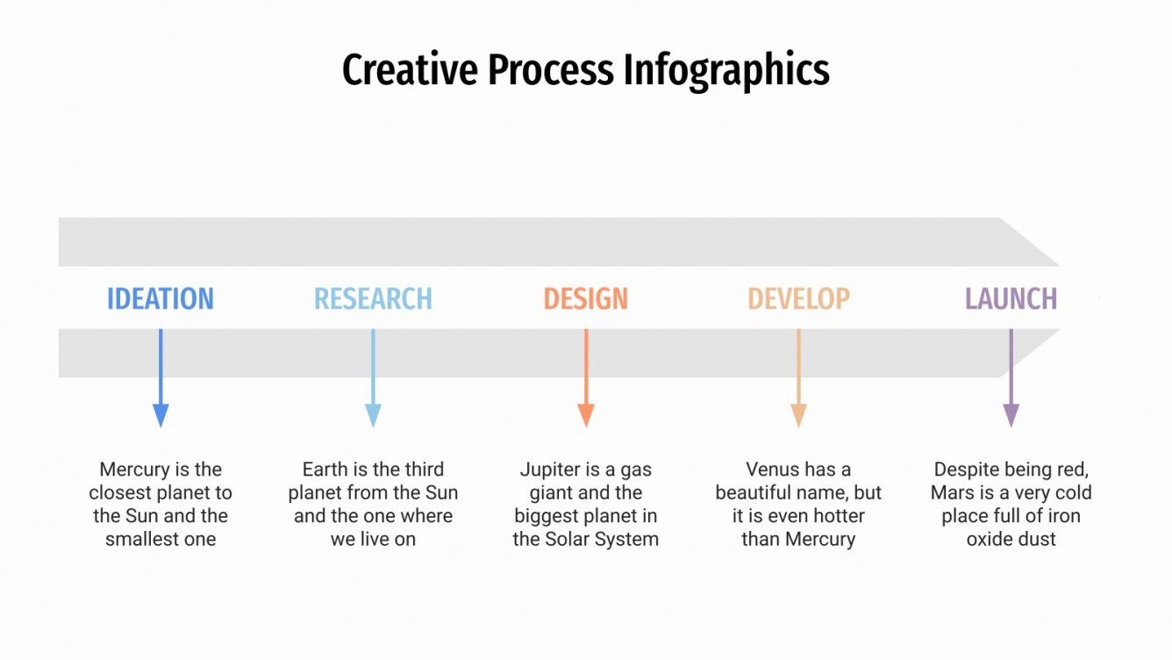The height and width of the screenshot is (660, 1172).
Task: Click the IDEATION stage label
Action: tap(161, 299)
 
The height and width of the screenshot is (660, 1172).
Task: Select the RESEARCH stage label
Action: tap(373, 299)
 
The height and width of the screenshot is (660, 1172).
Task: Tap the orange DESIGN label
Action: tap(586, 299)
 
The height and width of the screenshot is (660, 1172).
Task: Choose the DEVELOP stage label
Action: tap(798, 299)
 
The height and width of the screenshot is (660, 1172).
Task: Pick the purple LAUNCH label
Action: tap(1011, 299)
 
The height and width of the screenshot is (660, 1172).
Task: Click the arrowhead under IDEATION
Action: tap(161, 414)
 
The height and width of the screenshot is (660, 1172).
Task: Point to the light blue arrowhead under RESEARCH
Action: tap(373, 414)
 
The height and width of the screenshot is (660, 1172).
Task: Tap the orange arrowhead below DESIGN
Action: tap(586, 414)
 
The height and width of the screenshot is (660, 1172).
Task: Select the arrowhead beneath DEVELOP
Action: tap(798, 414)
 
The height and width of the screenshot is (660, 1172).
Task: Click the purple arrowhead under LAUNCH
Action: tap(1011, 414)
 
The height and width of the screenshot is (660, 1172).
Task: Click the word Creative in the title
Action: tap(410, 70)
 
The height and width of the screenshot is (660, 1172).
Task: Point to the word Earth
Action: tap(325, 470)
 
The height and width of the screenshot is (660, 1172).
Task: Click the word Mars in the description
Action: tap(952, 492)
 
